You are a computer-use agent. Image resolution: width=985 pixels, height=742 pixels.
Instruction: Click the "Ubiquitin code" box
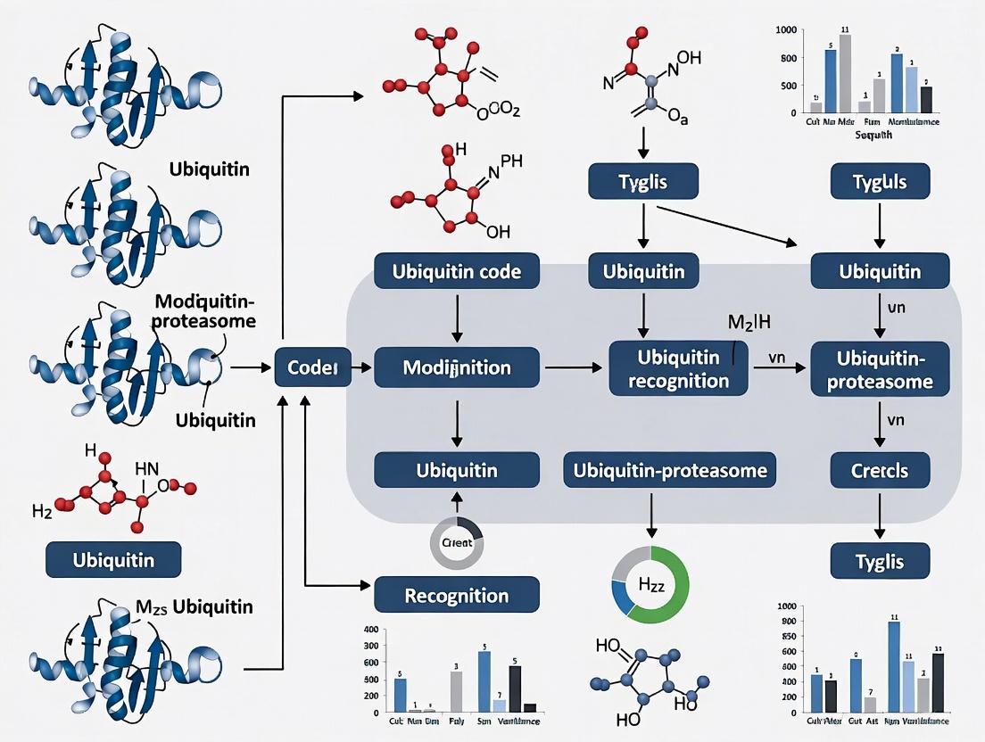pos(457,271)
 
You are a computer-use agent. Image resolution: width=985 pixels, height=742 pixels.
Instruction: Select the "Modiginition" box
pos(457,367)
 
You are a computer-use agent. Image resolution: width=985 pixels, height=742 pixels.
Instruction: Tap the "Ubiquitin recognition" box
pos(678,369)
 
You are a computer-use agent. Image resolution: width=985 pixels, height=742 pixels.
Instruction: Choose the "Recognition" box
pos(457,595)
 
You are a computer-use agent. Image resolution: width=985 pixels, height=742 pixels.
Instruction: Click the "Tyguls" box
pos(880,182)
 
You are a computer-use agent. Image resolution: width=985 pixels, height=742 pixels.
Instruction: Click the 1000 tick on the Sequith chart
pos(786,30)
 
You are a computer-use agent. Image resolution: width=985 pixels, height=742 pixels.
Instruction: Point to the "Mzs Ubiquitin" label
pos(194,607)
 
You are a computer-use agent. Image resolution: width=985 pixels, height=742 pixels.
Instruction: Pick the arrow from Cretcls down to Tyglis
pos(880,514)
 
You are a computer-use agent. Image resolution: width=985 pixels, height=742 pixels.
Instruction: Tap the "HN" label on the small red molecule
pos(146,467)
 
